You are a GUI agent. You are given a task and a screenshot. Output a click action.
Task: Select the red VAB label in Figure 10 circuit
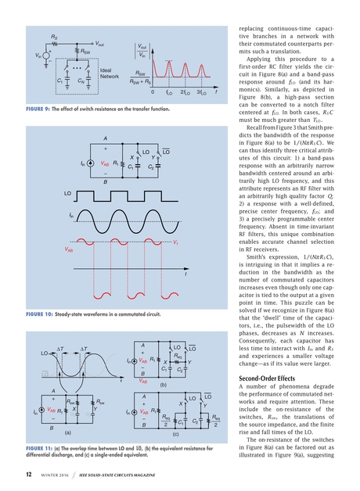(106, 164)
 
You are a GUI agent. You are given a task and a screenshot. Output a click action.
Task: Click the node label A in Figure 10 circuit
(105, 139)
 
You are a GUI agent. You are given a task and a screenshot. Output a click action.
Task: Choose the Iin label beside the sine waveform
(71, 213)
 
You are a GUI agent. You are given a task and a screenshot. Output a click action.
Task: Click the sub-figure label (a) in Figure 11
(69, 431)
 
